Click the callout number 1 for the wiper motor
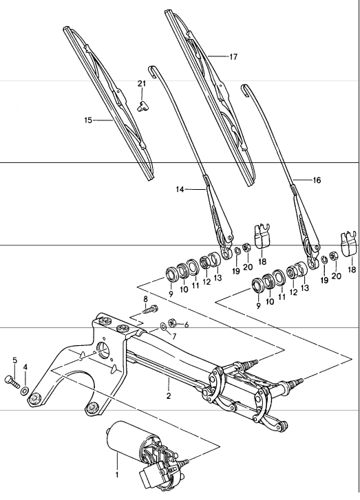coord(116,474)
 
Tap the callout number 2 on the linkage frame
coord(169,397)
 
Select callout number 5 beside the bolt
coord(14,360)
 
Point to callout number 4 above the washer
coord(26,367)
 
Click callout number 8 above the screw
coord(145,300)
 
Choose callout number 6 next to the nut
coord(186,324)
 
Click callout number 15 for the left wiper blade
coord(88,120)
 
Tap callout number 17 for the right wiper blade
coord(233,57)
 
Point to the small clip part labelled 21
coord(142,105)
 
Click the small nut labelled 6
coord(173,323)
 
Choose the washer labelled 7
coord(162,324)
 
